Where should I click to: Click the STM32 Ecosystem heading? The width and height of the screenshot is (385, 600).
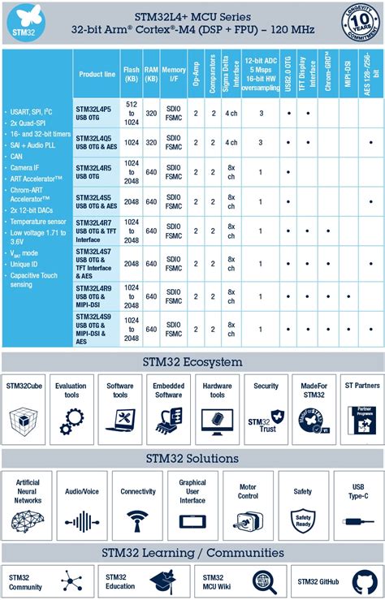click(x=192, y=362)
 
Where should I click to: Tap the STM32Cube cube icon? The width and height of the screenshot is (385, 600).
click(x=24, y=420)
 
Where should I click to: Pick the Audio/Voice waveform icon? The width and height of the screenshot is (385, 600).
click(x=82, y=520)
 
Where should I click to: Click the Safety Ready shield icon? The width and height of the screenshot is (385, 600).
click(x=302, y=520)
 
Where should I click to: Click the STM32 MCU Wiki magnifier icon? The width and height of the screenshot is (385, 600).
click(x=265, y=581)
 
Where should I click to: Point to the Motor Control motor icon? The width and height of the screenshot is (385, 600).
click(x=247, y=520)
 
